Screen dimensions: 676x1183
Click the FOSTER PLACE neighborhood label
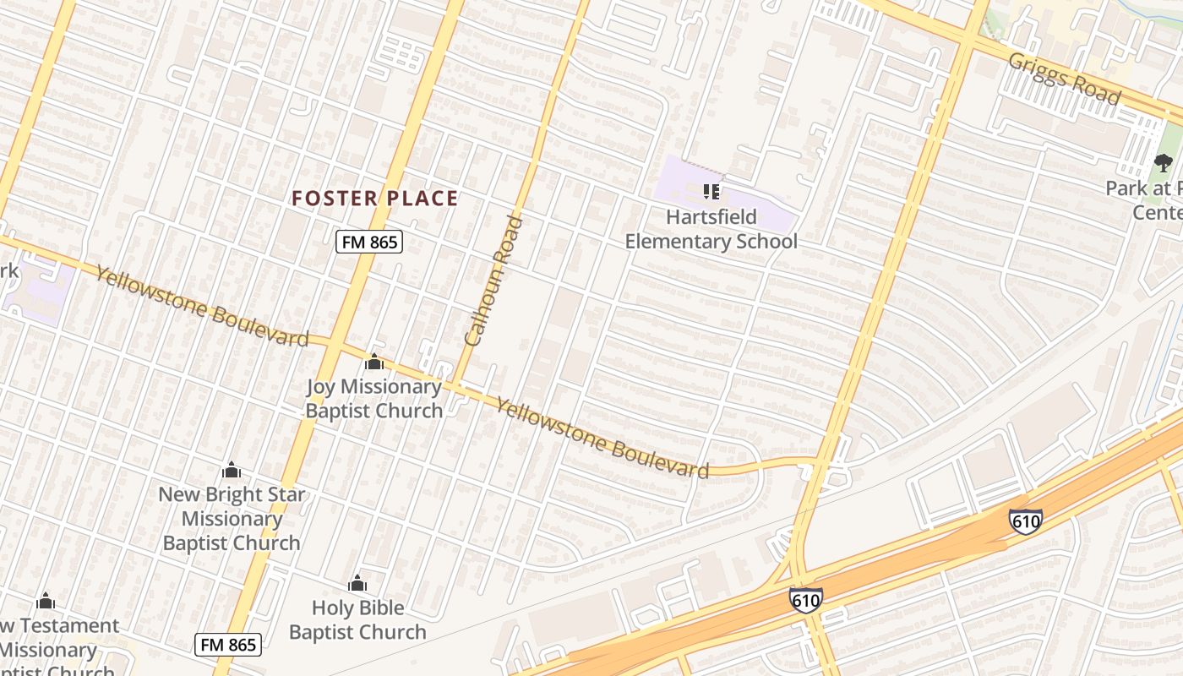pyautogui.click(x=374, y=199)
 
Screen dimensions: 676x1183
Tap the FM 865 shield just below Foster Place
pyautogui.click(x=369, y=243)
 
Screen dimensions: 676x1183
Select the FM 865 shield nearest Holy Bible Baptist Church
pyautogui.click(x=228, y=645)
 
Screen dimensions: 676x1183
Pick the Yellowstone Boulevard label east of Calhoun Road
pyautogui.click(x=602, y=438)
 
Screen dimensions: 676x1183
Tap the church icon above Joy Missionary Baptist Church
pyautogui.click(x=373, y=363)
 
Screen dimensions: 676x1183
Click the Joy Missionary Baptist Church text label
pyautogui.click(x=373, y=399)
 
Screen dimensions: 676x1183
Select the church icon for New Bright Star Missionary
pyautogui.click(x=232, y=470)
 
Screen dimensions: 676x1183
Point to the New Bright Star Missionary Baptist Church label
pyautogui.click(x=232, y=519)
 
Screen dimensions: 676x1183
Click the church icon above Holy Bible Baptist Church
pyautogui.click(x=357, y=583)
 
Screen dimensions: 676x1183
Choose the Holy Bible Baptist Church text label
pyautogui.click(x=357, y=619)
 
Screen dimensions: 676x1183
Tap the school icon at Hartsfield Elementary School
pyautogui.click(x=711, y=192)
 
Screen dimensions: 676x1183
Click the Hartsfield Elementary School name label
pyautogui.click(x=711, y=229)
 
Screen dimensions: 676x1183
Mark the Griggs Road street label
pyautogui.click(x=1065, y=79)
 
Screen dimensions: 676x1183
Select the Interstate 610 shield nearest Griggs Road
pyautogui.click(x=1025, y=521)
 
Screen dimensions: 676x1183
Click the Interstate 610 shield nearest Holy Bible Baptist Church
pyautogui.click(x=806, y=600)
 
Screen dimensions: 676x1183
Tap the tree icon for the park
pyautogui.click(x=1164, y=161)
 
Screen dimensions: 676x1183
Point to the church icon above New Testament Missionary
pyautogui.click(x=46, y=601)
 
